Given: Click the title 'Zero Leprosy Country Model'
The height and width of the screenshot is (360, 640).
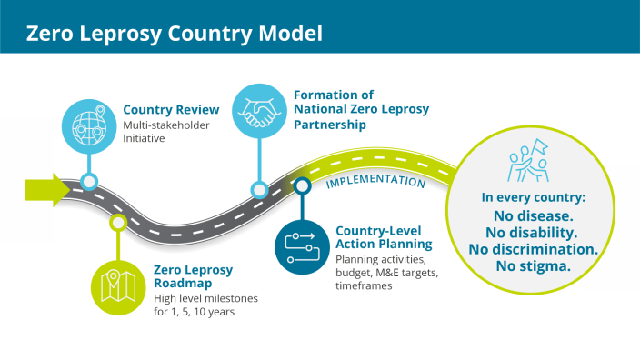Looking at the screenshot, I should coord(174,34).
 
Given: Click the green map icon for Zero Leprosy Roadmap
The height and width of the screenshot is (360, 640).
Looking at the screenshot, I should coord(119,285).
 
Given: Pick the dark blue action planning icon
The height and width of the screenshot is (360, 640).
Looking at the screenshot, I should coord(301,245).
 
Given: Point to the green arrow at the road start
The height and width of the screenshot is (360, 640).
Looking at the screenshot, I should coord(46,189).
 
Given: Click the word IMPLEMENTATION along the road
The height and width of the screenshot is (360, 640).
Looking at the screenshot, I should coord(375,181).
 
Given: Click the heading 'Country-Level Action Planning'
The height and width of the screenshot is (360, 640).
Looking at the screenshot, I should coord(384,237).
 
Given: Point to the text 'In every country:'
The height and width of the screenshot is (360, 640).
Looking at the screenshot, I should coord(532,197).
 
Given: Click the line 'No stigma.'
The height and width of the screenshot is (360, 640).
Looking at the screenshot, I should coord(533,266).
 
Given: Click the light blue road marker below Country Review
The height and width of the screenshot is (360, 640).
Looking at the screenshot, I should coord(89,180).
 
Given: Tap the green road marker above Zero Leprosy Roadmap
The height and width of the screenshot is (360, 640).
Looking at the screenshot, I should coord(117,221).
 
